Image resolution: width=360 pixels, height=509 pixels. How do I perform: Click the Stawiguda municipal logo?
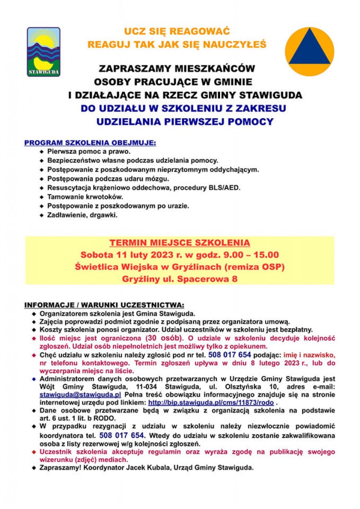tap(44, 51)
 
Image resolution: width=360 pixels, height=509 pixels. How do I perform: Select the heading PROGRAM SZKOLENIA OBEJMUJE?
tap(90, 143)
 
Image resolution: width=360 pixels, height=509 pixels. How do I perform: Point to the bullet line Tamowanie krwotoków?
tap(85, 197)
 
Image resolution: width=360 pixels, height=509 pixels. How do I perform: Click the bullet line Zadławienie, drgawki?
tap(82, 215)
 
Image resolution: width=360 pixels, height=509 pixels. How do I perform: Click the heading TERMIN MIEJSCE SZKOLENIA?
tap(180, 243)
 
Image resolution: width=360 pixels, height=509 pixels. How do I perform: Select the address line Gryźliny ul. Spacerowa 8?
tap(180, 279)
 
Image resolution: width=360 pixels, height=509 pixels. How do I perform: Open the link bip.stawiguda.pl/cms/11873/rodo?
tap(211, 402)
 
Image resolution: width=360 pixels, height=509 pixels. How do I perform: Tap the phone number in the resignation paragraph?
tap(121, 435)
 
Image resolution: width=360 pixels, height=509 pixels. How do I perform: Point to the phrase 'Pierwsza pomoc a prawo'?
tap(82, 152)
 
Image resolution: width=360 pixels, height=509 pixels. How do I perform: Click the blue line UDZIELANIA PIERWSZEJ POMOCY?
tap(184, 121)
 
